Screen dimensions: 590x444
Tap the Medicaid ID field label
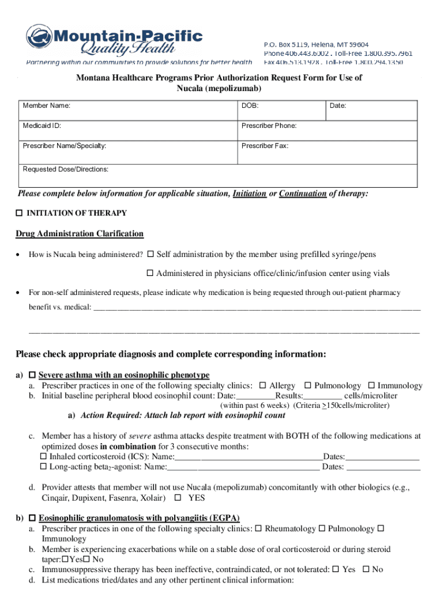coord(42,126)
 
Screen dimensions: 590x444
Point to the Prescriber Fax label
coord(265,146)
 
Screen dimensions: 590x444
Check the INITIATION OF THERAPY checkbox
coord(19,213)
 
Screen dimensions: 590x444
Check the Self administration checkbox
coord(150,254)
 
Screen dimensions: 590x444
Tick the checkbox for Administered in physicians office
coord(150,273)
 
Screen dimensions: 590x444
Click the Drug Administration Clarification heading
coord(80,234)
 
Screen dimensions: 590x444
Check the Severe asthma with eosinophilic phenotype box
coord(32,375)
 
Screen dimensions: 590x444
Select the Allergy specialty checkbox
coord(263,385)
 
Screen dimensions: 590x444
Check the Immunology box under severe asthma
coord(371,385)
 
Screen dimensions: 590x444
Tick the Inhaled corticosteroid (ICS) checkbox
coord(43,456)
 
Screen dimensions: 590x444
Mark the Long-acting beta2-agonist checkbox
coord(43,467)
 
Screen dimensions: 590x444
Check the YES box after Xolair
coord(178,497)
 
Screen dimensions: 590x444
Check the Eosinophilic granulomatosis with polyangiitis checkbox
coord(32,518)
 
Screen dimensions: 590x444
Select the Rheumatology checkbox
coord(258,528)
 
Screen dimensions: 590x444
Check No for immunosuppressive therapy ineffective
coord(365,569)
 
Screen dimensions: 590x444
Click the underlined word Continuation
coord(303,194)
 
